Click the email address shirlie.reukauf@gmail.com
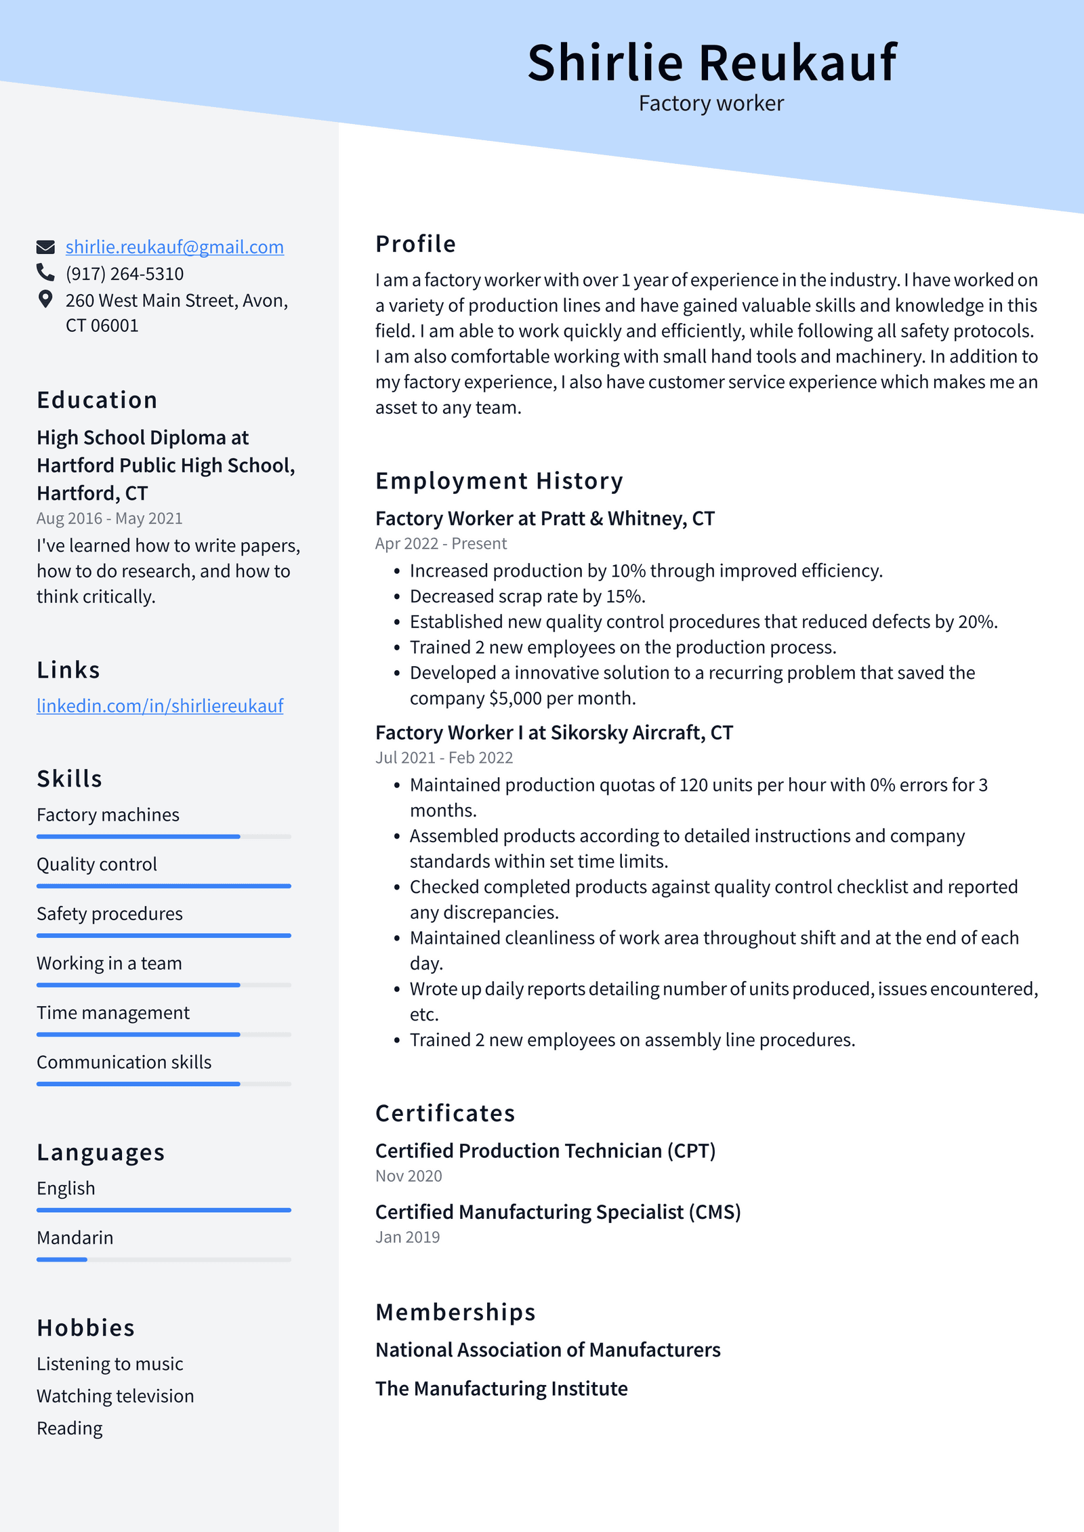point(174,247)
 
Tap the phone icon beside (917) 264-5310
point(45,273)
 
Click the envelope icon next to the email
point(45,247)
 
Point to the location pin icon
point(45,299)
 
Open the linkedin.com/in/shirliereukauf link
point(160,706)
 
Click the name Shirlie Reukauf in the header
point(711,63)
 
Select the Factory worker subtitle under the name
point(711,104)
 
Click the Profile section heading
point(415,244)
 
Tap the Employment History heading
point(499,481)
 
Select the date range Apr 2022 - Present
point(440,544)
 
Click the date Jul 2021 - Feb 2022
point(444,758)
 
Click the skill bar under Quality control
point(163,886)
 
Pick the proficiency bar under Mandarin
point(163,1260)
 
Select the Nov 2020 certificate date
point(409,1176)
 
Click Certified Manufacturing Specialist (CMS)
point(558,1212)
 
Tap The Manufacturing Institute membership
point(501,1389)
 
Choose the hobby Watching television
point(115,1396)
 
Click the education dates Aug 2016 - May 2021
point(109,519)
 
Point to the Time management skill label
point(113,1013)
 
